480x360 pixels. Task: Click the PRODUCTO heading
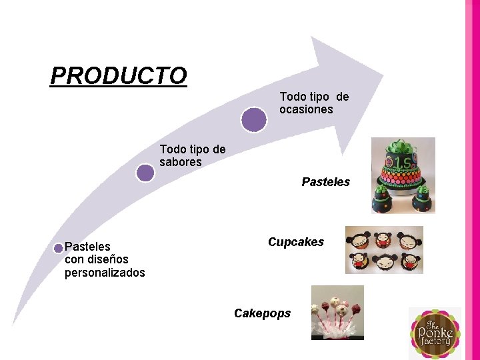coord(119,75)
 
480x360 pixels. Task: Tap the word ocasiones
coord(306,109)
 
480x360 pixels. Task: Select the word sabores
coord(180,162)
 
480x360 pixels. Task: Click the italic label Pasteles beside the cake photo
coord(325,182)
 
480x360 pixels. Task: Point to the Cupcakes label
coord(295,242)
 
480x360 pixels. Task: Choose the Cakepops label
coord(262,313)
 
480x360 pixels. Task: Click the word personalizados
coord(105,273)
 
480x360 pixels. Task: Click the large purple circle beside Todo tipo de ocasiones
coord(253,119)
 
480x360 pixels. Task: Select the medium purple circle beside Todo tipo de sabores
coord(145,173)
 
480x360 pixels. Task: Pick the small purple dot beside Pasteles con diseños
coord(59,248)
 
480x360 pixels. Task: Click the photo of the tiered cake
coord(403,175)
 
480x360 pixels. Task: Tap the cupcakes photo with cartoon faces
coord(384,250)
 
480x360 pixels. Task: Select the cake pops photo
coord(337,312)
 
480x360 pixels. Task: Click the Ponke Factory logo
coord(434,333)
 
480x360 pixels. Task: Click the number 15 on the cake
coord(403,164)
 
